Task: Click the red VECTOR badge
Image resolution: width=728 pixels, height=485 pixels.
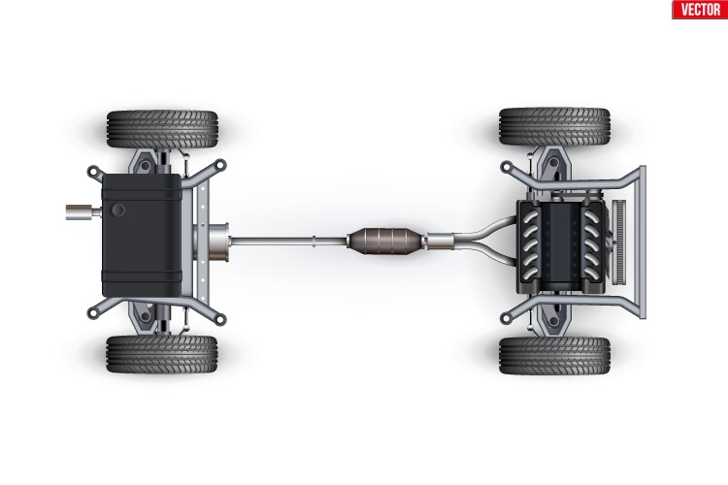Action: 699,10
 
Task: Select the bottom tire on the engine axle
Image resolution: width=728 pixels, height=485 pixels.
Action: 554,356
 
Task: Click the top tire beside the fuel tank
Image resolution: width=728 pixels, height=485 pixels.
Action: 162,129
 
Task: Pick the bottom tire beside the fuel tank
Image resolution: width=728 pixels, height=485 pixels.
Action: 162,355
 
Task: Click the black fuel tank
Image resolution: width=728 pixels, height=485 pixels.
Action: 140,239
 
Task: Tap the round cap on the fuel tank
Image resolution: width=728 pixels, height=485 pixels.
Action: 118,210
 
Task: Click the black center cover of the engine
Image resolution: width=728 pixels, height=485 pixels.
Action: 560,242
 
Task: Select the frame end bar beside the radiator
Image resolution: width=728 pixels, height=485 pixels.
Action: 640,242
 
